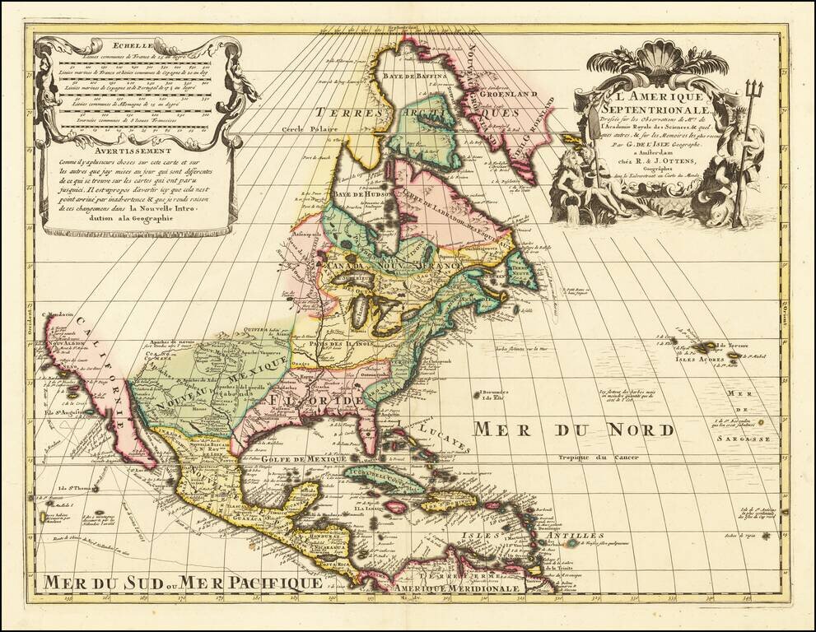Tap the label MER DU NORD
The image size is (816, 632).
(x=573, y=429)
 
